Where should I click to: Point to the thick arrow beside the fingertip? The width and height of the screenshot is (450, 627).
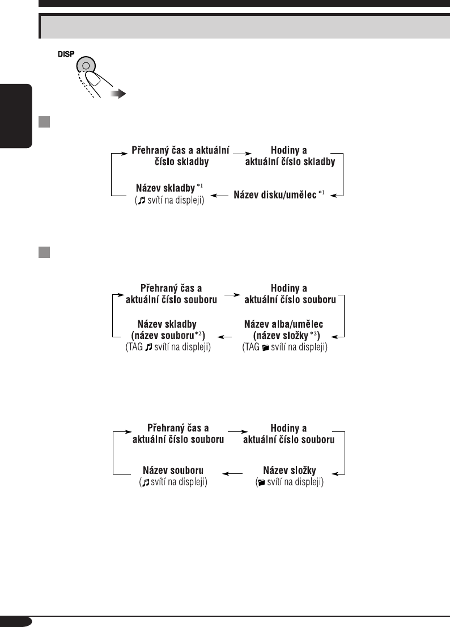coord(117,94)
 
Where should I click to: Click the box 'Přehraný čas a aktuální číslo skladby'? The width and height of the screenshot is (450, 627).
coord(180,156)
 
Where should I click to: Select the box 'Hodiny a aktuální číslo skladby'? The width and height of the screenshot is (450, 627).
coord(289,156)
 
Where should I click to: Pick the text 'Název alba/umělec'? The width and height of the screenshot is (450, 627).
coord(283,324)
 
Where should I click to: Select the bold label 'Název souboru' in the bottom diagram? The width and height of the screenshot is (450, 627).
coord(173,471)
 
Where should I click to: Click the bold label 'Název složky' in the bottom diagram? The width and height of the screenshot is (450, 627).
coord(290,471)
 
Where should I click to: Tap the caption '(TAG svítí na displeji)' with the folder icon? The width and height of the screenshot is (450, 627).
coord(285,347)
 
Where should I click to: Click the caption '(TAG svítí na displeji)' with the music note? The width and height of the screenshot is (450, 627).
coord(167,347)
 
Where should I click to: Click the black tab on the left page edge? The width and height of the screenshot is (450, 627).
coord(16,116)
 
